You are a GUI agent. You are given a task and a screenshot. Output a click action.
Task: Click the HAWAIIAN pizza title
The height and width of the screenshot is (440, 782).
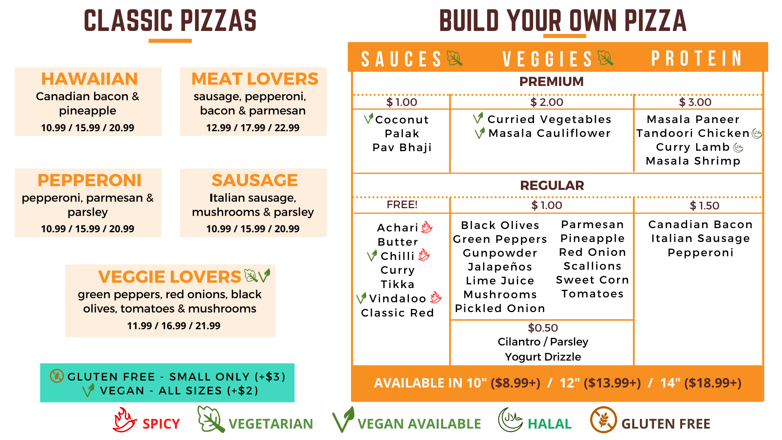point(90,79)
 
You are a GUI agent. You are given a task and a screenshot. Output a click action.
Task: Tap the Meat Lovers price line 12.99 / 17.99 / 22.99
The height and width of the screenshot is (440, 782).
point(253,128)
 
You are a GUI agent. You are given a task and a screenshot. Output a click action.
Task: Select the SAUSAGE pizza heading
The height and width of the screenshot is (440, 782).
point(255,180)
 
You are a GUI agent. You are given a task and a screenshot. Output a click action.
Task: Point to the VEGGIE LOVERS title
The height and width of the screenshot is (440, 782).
point(169,277)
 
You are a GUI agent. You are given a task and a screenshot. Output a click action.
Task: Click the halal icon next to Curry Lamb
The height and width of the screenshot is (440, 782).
point(738,147)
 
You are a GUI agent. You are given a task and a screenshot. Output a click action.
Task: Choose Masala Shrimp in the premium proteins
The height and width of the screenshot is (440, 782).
point(693,161)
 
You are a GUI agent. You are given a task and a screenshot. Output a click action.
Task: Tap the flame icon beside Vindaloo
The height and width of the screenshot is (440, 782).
point(435,298)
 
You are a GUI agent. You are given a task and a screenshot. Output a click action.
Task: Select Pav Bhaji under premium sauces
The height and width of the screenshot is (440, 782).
point(402,147)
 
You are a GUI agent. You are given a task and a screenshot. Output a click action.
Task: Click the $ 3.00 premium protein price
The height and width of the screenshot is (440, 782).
point(695,102)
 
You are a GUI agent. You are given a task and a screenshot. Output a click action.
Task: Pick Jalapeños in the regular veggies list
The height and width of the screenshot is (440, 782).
point(500,267)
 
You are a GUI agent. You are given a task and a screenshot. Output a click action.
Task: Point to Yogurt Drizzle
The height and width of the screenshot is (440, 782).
point(543,357)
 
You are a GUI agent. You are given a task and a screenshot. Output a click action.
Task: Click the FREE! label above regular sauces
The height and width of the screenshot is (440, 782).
point(402,205)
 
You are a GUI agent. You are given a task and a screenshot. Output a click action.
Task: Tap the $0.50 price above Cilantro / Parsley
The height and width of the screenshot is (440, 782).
point(543,328)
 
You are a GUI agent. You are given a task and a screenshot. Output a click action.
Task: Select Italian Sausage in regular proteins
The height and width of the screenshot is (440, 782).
point(701,238)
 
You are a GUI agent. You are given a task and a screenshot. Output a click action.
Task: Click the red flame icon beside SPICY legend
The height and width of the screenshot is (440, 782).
point(124,420)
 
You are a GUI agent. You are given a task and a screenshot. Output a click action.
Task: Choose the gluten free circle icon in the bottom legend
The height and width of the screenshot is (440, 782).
point(603,420)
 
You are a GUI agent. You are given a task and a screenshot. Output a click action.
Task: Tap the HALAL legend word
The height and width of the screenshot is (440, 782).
point(550,424)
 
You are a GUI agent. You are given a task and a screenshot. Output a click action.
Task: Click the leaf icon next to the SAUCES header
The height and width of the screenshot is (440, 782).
point(455,58)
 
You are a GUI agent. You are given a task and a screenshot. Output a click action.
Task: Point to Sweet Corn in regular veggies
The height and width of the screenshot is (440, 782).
point(593,280)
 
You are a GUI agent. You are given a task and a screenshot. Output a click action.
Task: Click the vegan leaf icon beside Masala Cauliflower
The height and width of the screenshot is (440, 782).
point(480,133)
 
